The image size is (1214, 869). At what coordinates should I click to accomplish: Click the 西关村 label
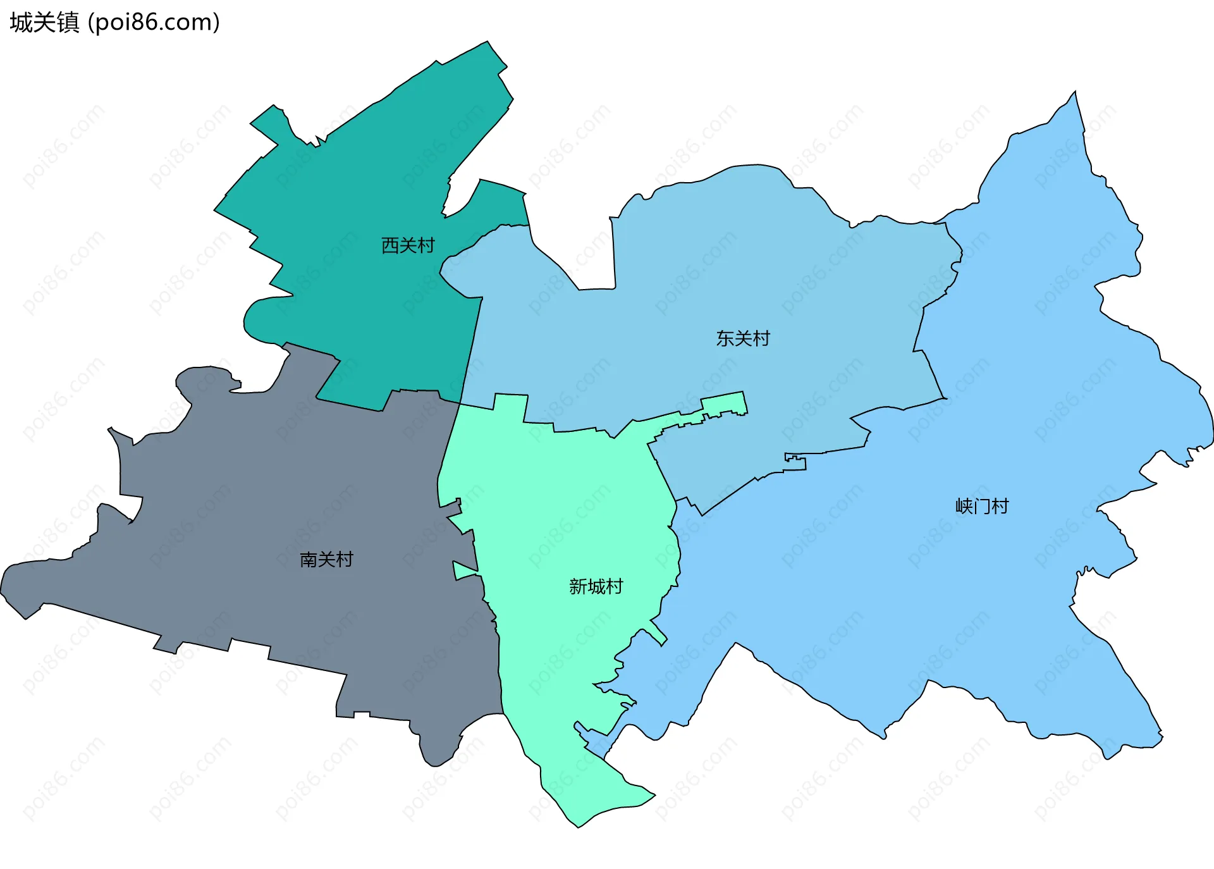[x=408, y=245]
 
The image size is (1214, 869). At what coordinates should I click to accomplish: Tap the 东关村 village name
[x=743, y=339]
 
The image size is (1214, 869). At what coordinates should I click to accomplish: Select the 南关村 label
[x=326, y=560]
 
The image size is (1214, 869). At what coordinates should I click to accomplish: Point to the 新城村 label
[x=596, y=587]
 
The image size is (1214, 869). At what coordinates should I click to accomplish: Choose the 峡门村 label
[x=982, y=507]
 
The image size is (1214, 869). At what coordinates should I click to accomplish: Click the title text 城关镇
[x=44, y=23]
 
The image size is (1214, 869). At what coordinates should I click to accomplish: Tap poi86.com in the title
[x=154, y=23]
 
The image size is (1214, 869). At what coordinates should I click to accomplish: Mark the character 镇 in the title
[x=68, y=23]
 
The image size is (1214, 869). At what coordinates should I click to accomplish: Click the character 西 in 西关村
[x=390, y=245]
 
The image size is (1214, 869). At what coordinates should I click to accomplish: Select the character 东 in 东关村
[x=725, y=339]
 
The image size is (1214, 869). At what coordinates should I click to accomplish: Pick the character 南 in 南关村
[x=309, y=560]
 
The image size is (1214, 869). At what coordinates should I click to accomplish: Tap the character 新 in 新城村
[x=578, y=587]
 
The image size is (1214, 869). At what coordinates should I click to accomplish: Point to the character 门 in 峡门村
[x=982, y=507]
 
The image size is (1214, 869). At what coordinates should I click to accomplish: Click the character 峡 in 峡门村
[x=964, y=507]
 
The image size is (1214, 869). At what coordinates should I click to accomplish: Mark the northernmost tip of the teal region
[x=487, y=43]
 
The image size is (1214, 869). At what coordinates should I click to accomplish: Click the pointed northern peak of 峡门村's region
[x=1075, y=93]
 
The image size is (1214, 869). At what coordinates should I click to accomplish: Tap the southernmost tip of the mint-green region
[x=579, y=826]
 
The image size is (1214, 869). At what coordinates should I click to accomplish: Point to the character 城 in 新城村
[x=596, y=587]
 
